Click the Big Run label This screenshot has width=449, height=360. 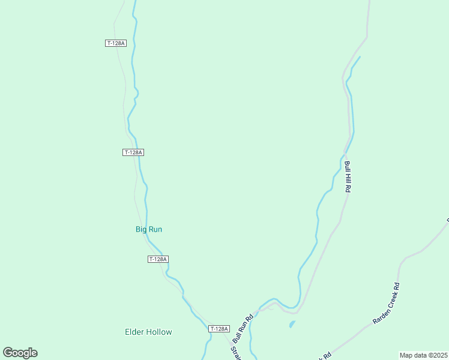(x=149, y=229)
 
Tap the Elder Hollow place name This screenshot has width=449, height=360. (x=148, y=332)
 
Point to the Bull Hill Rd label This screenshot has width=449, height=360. (x=347, y=176)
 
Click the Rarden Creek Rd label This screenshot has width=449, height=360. (x=387, y=304)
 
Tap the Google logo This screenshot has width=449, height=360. (x=20, y=353)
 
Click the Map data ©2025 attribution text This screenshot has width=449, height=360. (x=423, y=355)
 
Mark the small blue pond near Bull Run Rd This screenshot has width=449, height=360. (x=292, y=325)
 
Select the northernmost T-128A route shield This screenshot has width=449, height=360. (x=115, y=43)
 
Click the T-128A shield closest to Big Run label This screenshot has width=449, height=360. (x=158, y=259)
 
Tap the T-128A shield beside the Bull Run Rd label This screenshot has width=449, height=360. (x=219, y=329)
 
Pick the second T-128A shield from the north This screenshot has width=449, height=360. (x=133, y=152)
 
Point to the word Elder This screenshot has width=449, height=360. (x=134, y=332)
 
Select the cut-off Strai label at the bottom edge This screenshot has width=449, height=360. (x=236, y=352)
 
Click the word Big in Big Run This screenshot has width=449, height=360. (x=141, y=229)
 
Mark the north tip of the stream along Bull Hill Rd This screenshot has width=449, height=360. (x=360, y=57)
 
